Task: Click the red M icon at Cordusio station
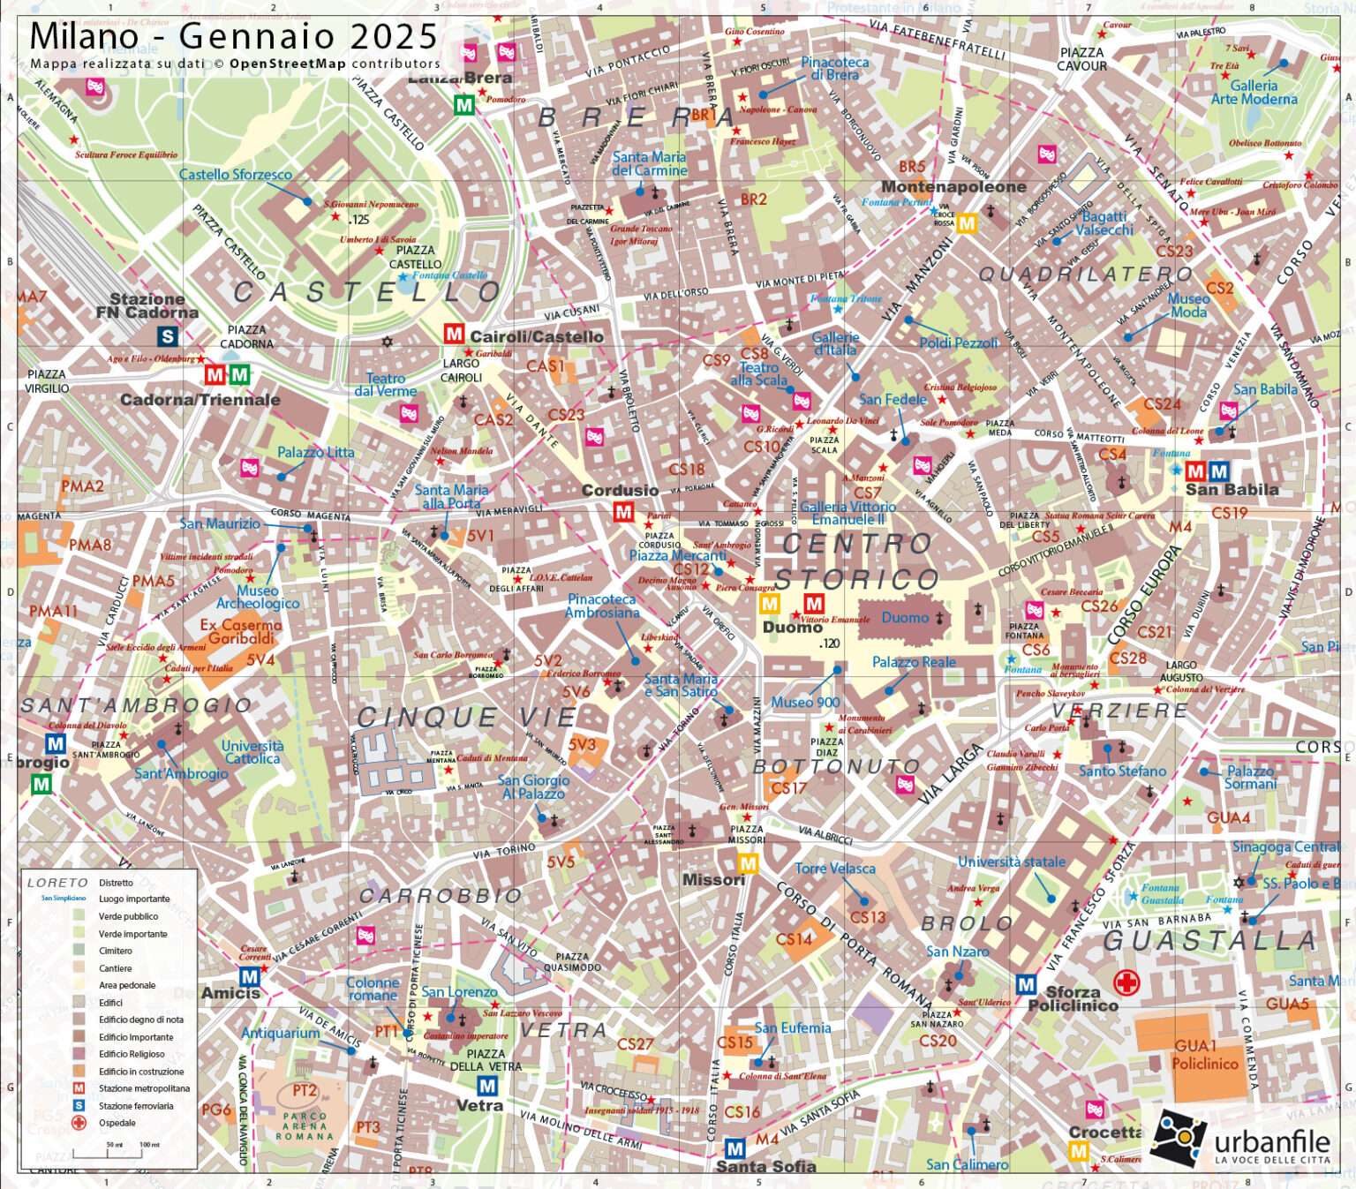(x=623, y=512)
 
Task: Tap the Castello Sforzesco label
(x=235, y=175)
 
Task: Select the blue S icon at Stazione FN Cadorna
(x=167, y=336)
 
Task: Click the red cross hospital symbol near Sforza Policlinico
(x=1126, y=982)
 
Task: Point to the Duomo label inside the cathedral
(x=905, y=618)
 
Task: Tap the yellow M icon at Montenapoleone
(x=967, y=223)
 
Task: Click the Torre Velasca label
(x=835, y=869)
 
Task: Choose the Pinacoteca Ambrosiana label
(x=602, y=606)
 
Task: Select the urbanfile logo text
(x=1271, y=1142)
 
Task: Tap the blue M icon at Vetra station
(x=486, y=1085)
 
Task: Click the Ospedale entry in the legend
(x=117, y=1123)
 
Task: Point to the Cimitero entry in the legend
(x=115, y=951)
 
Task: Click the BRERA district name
(x=636, y=117)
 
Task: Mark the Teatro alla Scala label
(x=758, y=373)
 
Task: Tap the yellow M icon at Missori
(x=748, y=863)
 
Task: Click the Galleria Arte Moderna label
(x=1254, y=93)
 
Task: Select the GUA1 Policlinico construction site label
(x=1204, y=1055)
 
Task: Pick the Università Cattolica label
(x=252, y=752)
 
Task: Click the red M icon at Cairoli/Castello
(x=454, y=334)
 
